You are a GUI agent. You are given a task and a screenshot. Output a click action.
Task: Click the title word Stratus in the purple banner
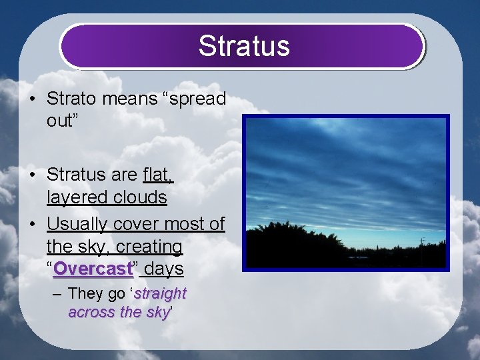[243, 46]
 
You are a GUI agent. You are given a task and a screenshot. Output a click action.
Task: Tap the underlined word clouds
[140, 197]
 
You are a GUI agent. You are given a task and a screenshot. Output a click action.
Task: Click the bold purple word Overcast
[93, 269]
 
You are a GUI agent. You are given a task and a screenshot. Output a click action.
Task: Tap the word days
[165, 269]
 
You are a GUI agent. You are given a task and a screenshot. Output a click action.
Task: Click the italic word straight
[160, 293]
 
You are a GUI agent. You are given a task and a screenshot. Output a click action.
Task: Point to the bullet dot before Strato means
[32, 99]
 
